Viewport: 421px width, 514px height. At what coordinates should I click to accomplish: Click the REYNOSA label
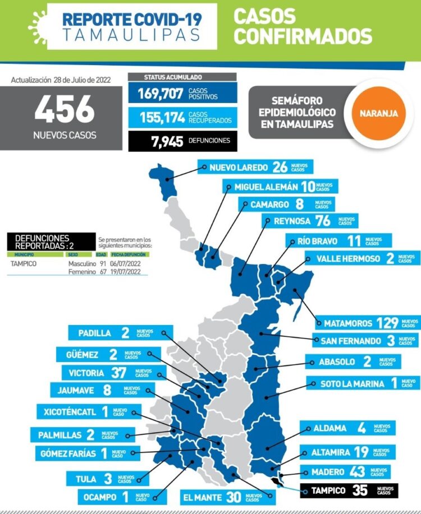[291, 221]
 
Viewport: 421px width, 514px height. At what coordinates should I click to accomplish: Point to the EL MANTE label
[202, 497]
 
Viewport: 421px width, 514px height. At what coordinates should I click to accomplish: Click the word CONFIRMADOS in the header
[303, 36]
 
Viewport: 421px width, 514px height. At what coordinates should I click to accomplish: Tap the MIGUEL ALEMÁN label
[266, 187]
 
